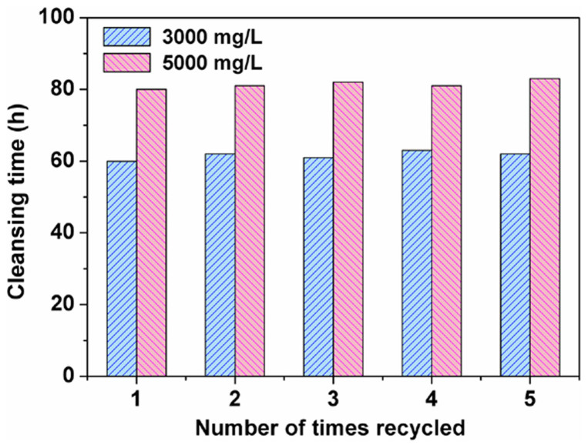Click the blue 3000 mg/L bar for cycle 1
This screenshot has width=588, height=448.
point(122,269)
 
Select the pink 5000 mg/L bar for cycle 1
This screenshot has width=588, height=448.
point(151,232)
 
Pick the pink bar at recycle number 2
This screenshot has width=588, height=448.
point(249,231)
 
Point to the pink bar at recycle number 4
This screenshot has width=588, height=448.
point(445,231)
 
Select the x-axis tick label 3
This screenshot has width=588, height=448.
point(333,399)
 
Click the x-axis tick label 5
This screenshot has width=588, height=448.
point(529,399)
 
